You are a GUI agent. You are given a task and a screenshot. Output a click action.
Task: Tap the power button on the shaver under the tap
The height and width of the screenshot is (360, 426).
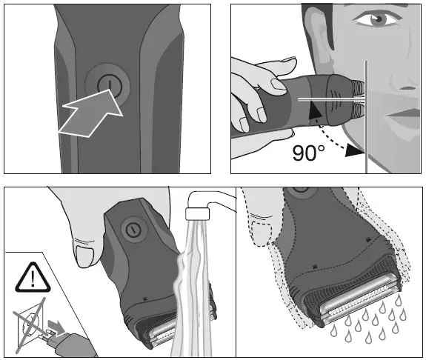pos(133,229)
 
